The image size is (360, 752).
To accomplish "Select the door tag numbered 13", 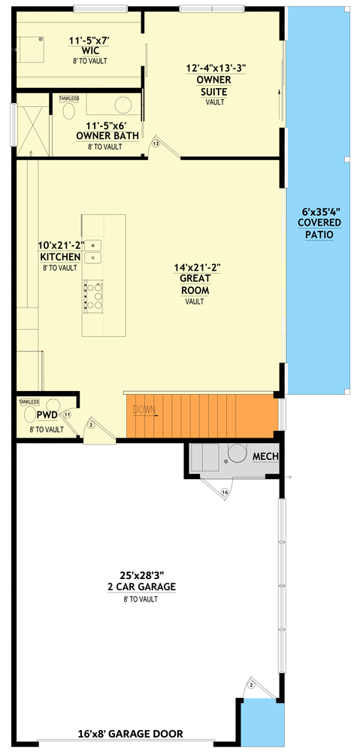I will point(156,143).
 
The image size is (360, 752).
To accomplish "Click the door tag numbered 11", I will point(67,414).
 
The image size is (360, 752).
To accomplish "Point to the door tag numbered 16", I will point(224,493).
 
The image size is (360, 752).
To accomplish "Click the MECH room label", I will point(265,456).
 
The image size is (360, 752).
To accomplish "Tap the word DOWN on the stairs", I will point(144,410).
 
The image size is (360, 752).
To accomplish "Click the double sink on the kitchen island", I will point(93,251).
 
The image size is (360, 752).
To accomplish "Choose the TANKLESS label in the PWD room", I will point(29,402).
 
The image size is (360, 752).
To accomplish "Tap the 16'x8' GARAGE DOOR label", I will point(131,734).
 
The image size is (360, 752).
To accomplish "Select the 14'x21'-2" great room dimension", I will point(195,266).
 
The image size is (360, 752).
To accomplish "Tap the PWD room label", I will point(46,414).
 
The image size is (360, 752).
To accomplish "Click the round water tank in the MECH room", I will point(238,453).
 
